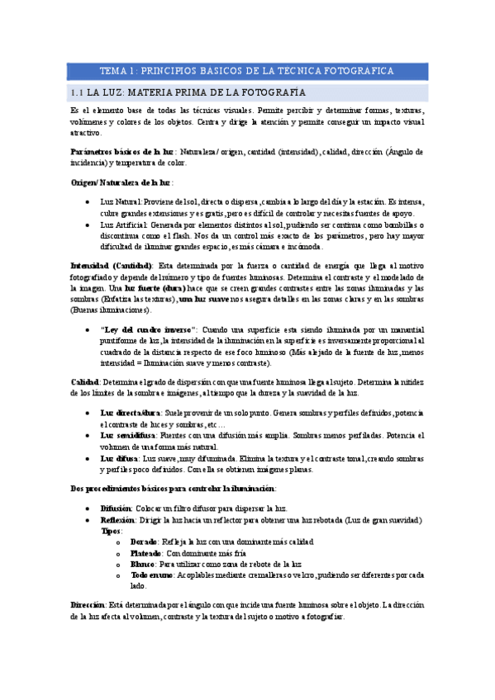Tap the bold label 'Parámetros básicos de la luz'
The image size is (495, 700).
coord(121,152)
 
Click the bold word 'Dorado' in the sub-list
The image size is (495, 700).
coord(145,542)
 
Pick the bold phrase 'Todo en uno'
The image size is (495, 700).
coord(151,575)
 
